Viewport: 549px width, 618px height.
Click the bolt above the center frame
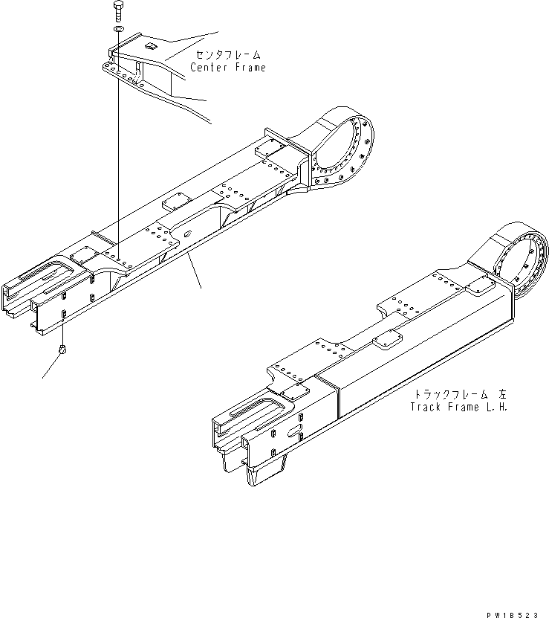[119, 12]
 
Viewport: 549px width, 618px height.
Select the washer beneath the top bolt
[119, 29]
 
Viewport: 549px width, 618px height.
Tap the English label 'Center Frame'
[227, 67]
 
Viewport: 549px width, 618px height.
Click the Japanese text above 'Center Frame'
[229, 55]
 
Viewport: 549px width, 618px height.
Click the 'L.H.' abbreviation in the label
[498, 407]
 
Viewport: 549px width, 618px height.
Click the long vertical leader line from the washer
[119, 149]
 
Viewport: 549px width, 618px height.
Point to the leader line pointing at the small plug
[50, 367]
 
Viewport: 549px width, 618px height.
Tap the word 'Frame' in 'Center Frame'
[248, 67]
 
